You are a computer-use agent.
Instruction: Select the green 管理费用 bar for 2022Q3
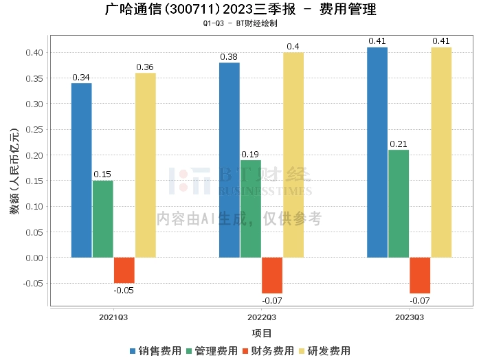[251, 209]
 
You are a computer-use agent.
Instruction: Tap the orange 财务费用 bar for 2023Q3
[420, 275]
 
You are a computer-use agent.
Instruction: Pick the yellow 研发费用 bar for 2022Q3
[293, 155]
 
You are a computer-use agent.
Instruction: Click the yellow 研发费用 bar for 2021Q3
[145, 166]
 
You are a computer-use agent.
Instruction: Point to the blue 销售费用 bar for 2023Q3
[377, 153]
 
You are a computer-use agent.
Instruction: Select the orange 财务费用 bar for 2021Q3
[124, 271]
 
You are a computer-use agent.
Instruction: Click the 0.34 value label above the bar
[81, 77]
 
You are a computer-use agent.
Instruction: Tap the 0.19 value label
[251, 154]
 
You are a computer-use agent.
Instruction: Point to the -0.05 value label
[124, 290]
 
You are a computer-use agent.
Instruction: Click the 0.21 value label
[399, 144]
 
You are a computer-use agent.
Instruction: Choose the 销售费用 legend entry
[156, 350]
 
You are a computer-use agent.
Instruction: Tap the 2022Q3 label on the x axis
[262, 317]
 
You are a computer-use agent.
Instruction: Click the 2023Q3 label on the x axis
[410, 317]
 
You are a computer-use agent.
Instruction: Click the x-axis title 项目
[262, 333]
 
